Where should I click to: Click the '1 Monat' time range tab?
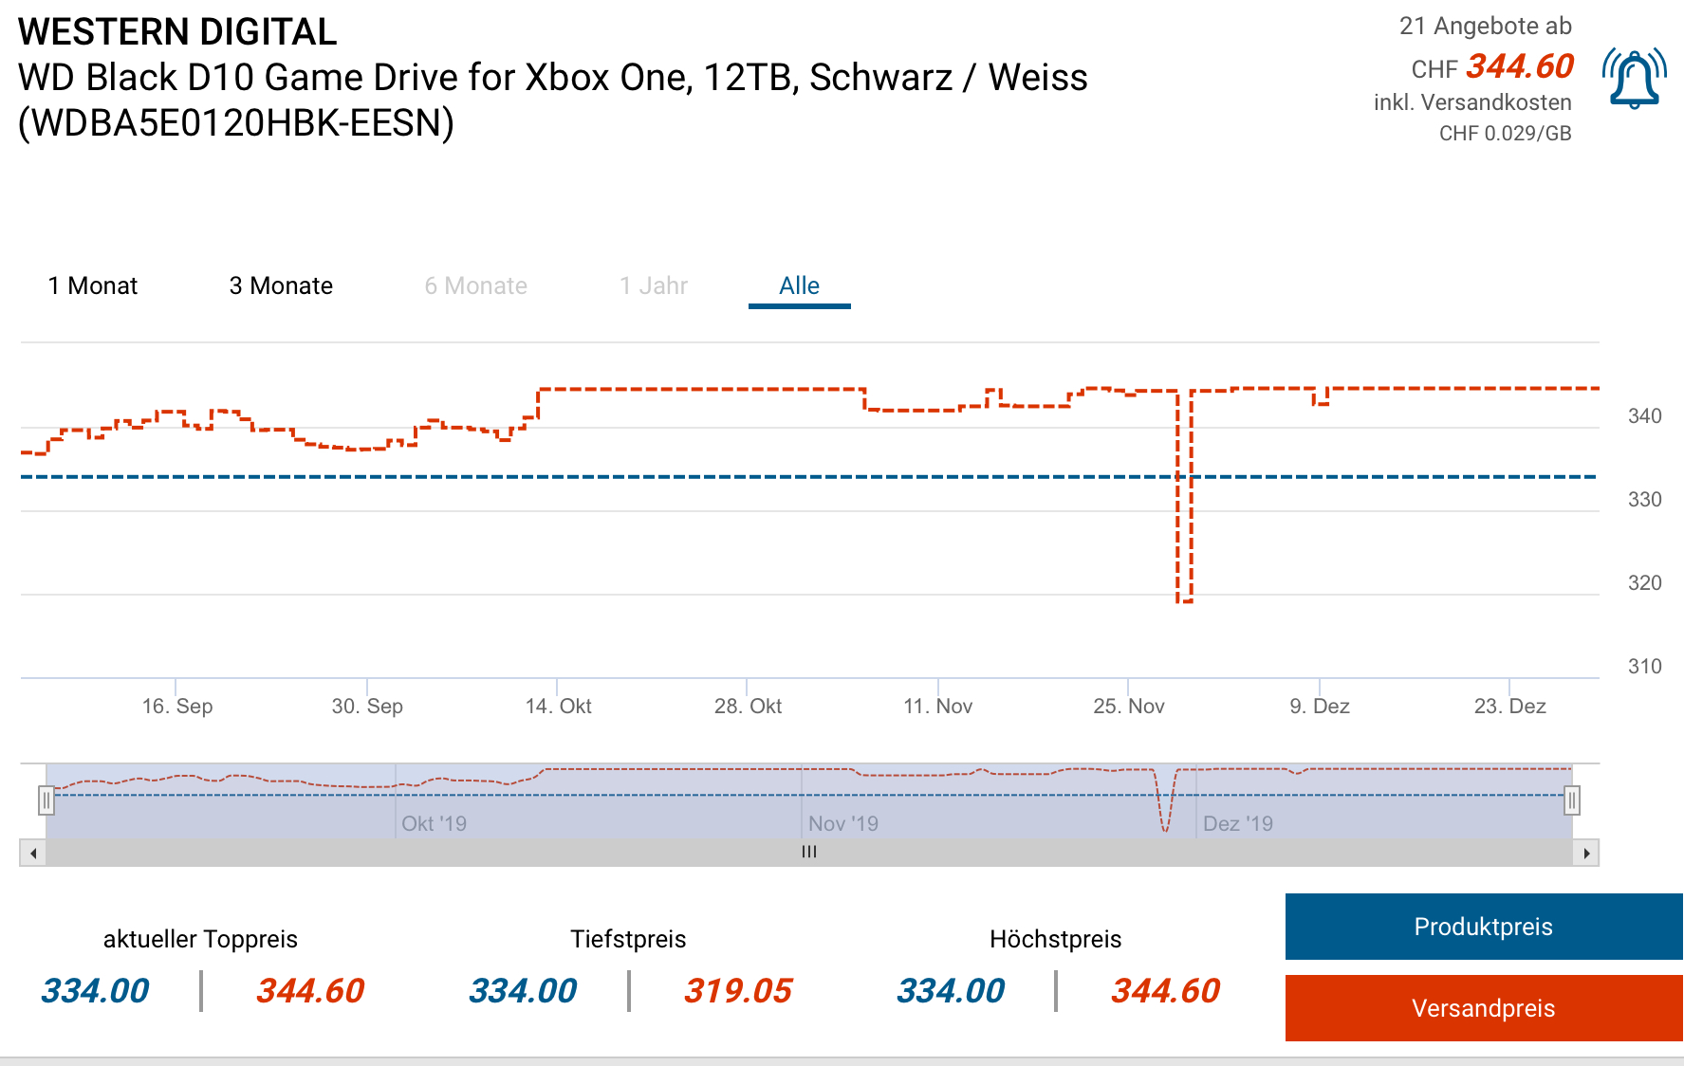pyautogui.click(x=93, y=285)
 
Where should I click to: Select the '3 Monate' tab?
pyautogui.click(x=281, y=285)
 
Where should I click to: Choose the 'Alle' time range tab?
pyautogui.click(x=799, y=285)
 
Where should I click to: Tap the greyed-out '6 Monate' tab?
pyautogui.click(x=475, y=285)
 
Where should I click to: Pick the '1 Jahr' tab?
pyautogui.click(x=654, y=285)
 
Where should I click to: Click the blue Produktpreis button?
pyautogui.click(x=1483, y=927)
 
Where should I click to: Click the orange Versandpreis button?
pyautogui.click(x=1483, y=1008)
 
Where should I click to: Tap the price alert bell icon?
pyautogui.click(x=1634, y=79)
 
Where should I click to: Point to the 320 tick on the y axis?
pyautogui.click(x=1644, y=583)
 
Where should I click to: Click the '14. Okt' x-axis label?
pyautogui.click(x=558, y=706)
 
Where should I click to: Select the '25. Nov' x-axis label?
pyautogui.click(x=1128, y=706)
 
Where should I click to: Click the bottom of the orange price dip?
pyautogui.click(x=1184, y=600)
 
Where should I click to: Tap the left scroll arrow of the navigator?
pyautogui.click(x=33, y=853)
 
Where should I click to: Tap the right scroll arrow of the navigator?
pyautogui.click(x=1586, y=853)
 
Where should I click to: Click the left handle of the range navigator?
pyautogui.click(x=46, y=800)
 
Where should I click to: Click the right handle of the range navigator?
pyautogui.click(x=1572, y=800)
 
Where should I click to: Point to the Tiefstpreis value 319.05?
pyautogui.click(x=738, y=991)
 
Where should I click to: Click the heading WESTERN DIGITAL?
pyautogui.click(x=177, y=32)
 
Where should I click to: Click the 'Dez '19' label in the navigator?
pyautogui.click(x=1237, y=823)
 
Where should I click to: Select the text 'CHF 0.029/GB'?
pyautogui.click(x=1505, y=134)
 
